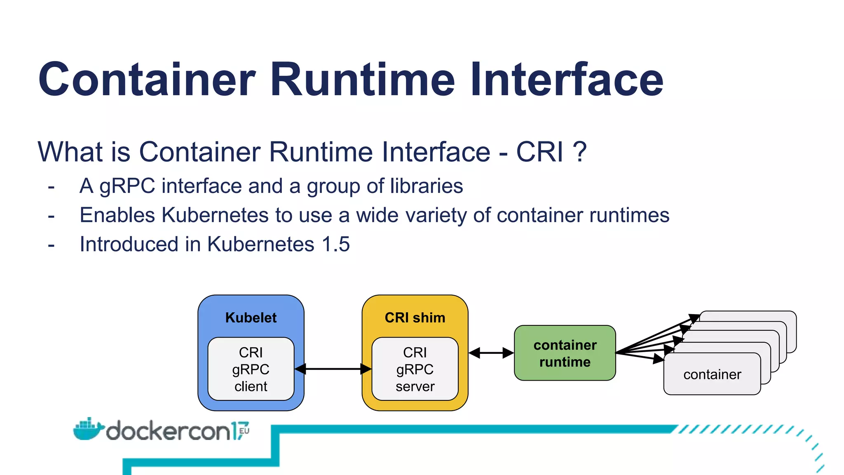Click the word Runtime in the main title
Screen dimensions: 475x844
pos(363,79)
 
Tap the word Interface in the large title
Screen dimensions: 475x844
pos(567,79)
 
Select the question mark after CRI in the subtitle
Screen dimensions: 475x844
pos(579,152)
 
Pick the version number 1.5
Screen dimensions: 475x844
pos(336,244)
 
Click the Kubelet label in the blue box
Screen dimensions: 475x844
pos(251,317)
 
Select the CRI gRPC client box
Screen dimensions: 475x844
pos(251,369)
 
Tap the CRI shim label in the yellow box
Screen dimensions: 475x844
pos(415,317)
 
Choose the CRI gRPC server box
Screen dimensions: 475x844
pos(415,369)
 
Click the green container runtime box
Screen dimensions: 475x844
pos(565,353)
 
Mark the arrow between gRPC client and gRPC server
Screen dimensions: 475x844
pos(333,369)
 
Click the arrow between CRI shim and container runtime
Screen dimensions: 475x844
pos(491,353)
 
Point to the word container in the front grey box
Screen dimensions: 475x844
pos(712,374)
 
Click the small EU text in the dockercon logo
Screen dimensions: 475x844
pos(244,431)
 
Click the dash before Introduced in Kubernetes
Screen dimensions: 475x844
pos(51,245)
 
